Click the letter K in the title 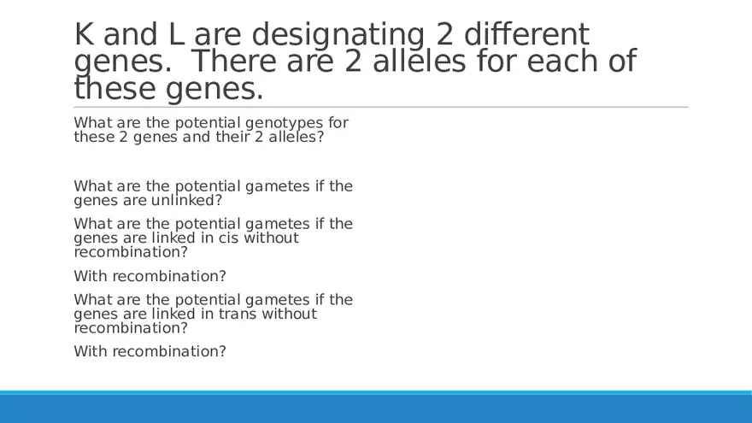point(84,34)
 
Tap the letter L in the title point(177,34)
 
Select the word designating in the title point(338,37)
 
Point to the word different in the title point(526,34)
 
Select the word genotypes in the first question point(285,124)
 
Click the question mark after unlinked point(219,200)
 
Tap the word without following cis point(272,238)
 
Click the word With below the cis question point(91,276)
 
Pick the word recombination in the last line point(165,351)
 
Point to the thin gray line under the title point(381,107)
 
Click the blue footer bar point(376,407)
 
